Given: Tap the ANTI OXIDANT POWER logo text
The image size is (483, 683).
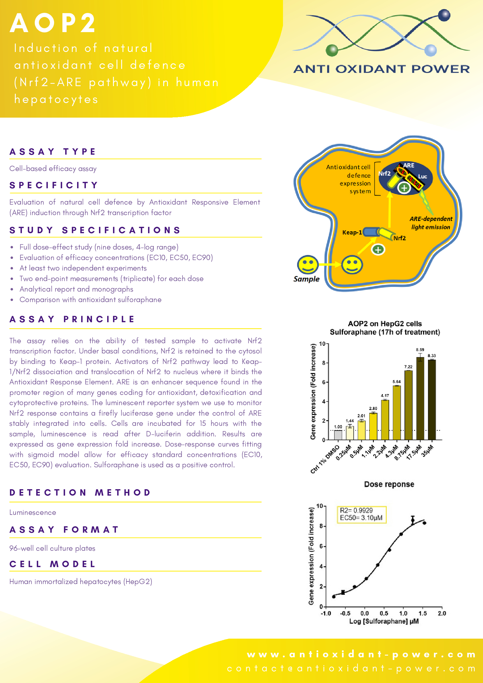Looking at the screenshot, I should point(381,69).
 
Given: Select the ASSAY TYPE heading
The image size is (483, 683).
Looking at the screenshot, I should point(53,151).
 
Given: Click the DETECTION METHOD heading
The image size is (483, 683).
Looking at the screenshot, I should point(80,493).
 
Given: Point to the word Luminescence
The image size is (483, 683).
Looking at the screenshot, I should point(33,513).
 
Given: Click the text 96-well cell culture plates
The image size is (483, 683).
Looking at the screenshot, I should point(52,548).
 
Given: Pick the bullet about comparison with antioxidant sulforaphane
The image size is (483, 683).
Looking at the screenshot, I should point(91,299).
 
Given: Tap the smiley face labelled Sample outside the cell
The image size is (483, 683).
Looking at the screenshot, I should point(308,264).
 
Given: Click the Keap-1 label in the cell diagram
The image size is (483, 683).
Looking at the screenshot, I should point(352,232).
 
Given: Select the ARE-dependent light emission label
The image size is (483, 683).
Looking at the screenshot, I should point(431,223).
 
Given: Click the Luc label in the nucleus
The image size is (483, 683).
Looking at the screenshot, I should point(422,176).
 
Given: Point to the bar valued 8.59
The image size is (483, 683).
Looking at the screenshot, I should point(420,399).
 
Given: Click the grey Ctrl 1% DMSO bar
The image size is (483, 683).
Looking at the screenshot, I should point(338,435).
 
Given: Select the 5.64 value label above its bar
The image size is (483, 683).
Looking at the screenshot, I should point(396,382).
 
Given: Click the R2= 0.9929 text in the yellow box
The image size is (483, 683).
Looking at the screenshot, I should point(356,510).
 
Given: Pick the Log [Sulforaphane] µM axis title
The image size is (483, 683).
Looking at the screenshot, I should point(384,621).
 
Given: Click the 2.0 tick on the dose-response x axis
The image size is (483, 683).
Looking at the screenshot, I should point(442,614).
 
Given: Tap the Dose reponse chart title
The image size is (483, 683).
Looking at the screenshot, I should point(389,484).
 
